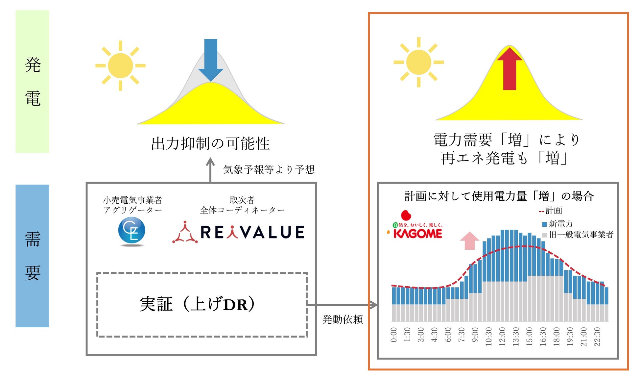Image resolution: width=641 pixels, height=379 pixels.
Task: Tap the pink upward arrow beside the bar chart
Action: (x=469, y=241)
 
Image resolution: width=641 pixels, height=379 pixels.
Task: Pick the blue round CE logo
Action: (x=131, y=231)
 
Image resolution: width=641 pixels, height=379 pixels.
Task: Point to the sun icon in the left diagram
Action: (x=120, y=65)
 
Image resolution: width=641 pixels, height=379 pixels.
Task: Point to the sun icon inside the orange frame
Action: (x=418, y=62)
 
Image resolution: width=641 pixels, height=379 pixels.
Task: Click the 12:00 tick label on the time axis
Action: (x=502, y=336)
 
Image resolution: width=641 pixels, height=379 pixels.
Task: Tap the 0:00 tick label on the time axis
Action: (x=393, y=335)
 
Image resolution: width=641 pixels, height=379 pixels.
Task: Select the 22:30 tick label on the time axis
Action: (x=597, y=336)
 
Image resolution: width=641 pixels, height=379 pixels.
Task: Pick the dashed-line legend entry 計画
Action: (x=551, y=211)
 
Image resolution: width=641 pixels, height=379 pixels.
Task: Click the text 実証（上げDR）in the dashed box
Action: (x=197, y=304)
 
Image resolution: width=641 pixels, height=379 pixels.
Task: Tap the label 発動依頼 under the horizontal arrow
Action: (x=343, y=319)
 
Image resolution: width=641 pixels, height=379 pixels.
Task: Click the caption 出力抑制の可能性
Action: (x=210, y=144)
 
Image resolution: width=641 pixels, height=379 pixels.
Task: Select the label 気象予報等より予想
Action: (x=269, y=170)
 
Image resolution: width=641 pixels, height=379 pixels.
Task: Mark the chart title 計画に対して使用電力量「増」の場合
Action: (x=499, y=196)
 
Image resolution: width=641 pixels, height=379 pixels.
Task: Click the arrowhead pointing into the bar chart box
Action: (x=374, y=305)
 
